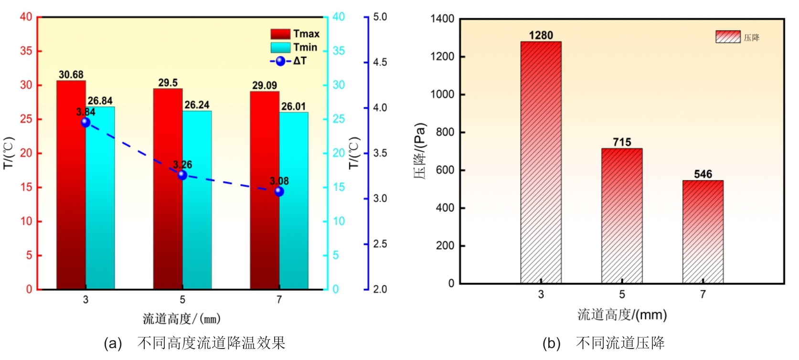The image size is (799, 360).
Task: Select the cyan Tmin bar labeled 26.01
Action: [x=294, y=201]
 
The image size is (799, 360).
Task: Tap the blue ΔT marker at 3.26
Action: [x=182, y=175]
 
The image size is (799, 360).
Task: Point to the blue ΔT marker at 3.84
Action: [x=85, y=122]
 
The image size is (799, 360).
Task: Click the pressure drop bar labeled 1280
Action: [x=541, y=162]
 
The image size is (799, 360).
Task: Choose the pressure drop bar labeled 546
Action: [x=703, y=232]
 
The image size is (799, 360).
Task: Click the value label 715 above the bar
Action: [x=622, y=142]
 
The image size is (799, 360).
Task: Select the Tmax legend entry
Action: [x=295, y=34]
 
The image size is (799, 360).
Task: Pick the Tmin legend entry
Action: [x=294, y=47]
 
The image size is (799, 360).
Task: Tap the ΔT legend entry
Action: [x=288, y=61]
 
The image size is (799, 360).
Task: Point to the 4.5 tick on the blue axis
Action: [x=380, y=62]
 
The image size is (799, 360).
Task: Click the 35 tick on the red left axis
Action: [x=26, y=51]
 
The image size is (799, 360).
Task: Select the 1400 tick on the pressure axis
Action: [x=442, y=19]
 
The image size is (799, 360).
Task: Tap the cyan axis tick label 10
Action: [x=339, y=221]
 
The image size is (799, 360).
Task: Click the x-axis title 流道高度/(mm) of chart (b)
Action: [x=622, y=315]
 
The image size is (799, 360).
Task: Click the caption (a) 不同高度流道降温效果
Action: [x=194, y=343]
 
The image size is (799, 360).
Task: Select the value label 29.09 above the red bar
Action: [x=265, y=85]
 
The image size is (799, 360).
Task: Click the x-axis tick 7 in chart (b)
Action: [x=703, y=294]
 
